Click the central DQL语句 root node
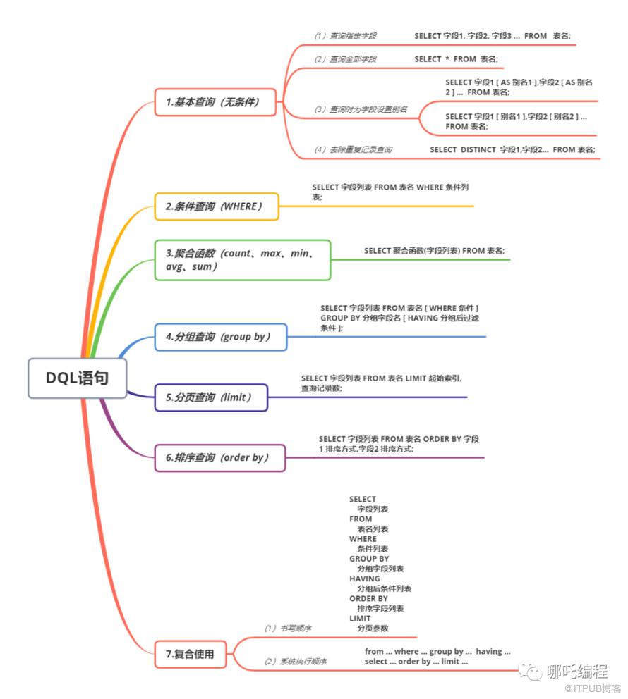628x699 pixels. pyautogui.click(x=78, y=378)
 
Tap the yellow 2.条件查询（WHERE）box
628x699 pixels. pyautogui.click(x=216, y=206)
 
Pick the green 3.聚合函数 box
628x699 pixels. pyautogui.click(x=242, y=260)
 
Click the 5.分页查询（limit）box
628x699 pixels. pyautogui.click(x=210, y=397)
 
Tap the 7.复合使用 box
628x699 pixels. pyautogui.click(x=193, y=654)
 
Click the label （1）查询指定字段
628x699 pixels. pyautogui.click(x=346, y=36)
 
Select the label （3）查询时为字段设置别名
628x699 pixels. pyautogui.click(x=361, y=110)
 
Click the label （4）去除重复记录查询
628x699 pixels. pyautogui.click(x=354, y=150)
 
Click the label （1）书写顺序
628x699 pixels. pyautogui.click(x=288, y=628)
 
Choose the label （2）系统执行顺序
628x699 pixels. pyautogui.click(x=295, y=662)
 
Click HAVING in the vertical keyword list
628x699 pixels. pyautogui.click(x=364, y=579)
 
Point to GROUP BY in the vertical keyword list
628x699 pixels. pyautogui.click(x=368, y=559)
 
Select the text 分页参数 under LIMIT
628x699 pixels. pyautogui.click(x=373, y=629)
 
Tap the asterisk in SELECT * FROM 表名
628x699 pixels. pyautogui.click(x=447, y=59)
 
